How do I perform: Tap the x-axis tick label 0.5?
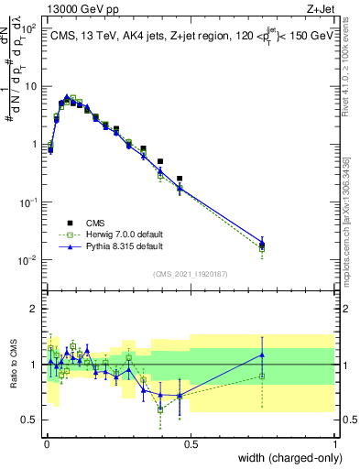click(191, 443)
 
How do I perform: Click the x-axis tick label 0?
click(46, 443)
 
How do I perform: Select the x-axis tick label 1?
click(335, 443)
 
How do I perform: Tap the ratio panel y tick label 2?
click(35, 309)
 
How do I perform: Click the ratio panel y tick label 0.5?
click(31, 420)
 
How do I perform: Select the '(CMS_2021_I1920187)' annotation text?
click(191, 273)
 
